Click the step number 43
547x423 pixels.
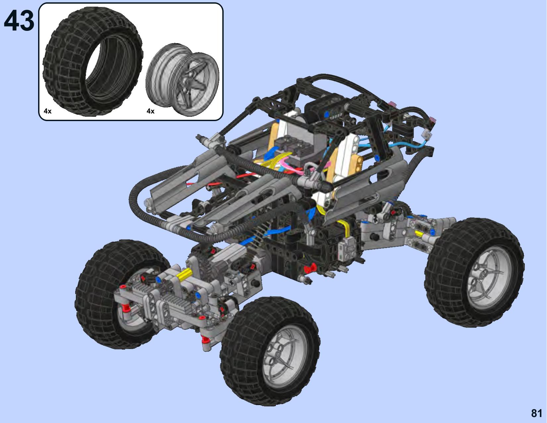click(x=19, y=21)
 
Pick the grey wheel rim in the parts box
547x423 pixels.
click(x=183, y=80)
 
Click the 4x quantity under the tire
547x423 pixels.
click(x=48, y=111)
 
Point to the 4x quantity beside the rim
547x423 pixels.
click(x=150, y=111)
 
